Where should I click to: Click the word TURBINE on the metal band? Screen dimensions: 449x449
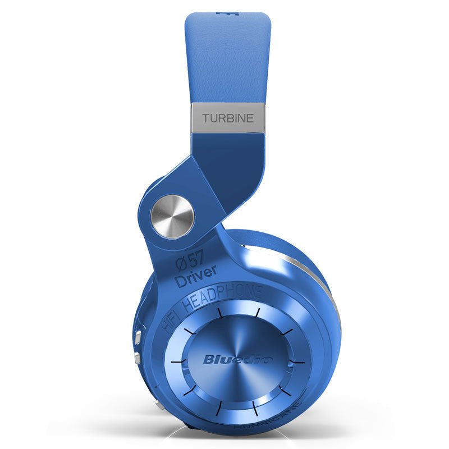(228, 118)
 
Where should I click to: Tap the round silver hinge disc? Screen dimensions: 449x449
(172, 216)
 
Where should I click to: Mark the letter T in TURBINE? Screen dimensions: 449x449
(205, 118)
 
